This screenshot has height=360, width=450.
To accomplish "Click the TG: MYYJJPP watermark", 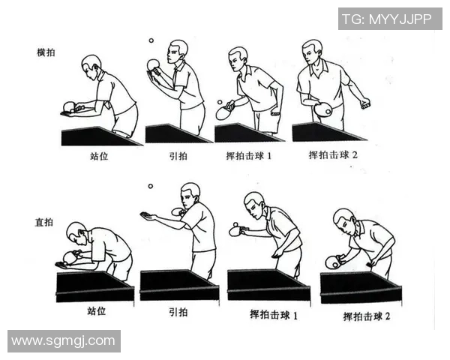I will click(x=389, y=19).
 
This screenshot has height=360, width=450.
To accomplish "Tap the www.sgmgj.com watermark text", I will click(x=64, y=341).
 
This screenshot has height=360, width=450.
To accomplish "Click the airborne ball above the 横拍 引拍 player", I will click(x=150, y=41).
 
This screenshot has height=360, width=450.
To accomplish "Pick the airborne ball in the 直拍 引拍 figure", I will click(x=150, y=186).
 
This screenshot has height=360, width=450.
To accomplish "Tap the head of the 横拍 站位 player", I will click(x=91, y=64).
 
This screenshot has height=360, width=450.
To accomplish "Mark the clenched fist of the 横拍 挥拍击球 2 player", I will click(x=365, y=103).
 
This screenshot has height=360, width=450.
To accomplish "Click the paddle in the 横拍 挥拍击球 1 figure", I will click(x=224, y=112).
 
